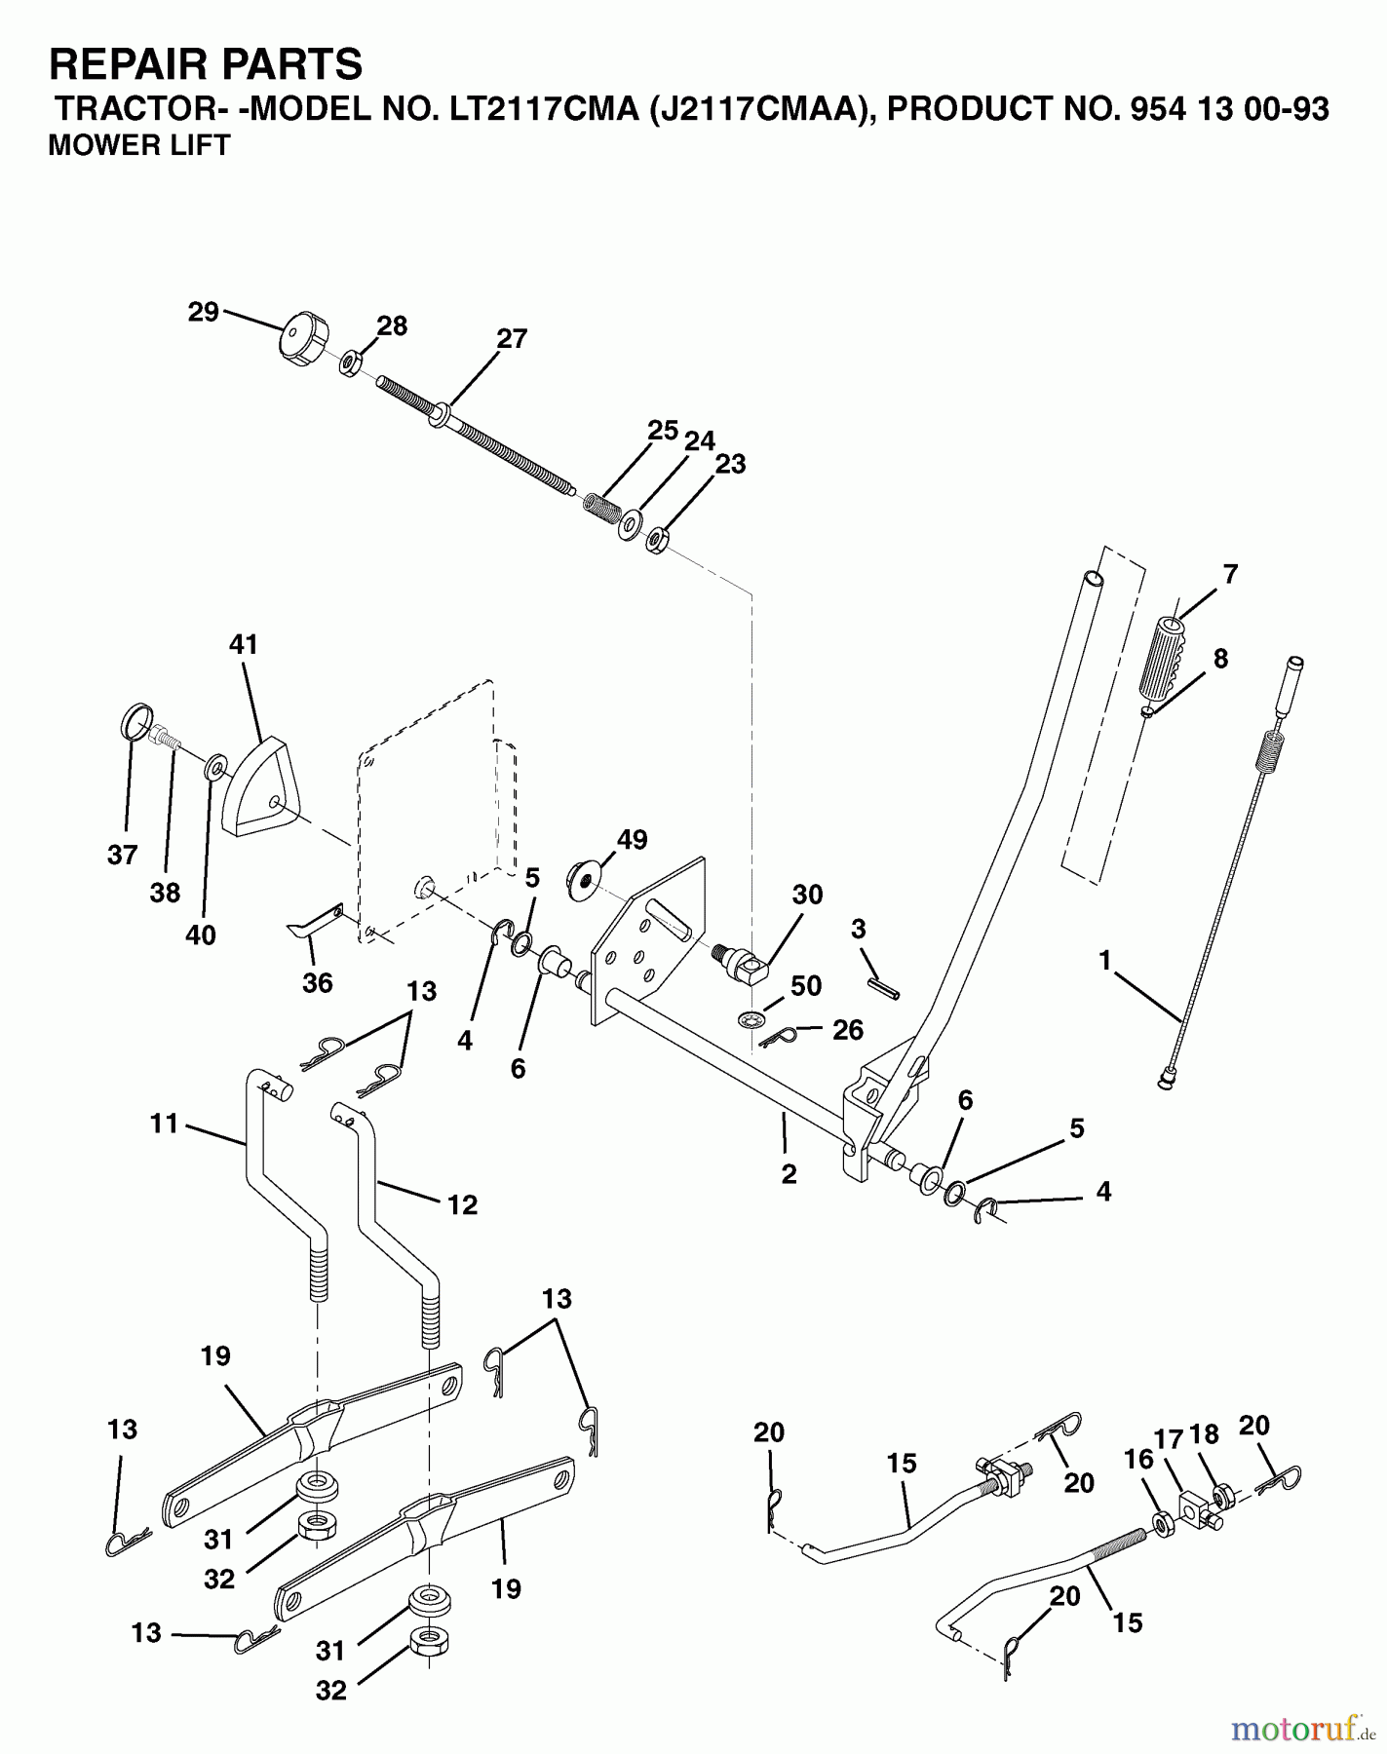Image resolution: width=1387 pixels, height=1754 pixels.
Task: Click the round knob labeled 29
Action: coord(297,340)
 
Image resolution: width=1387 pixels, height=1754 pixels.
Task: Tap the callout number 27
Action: coord(512,338)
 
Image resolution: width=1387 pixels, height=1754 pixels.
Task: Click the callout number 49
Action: coord(632,839)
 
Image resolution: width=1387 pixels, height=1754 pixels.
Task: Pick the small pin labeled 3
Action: coord(885,987)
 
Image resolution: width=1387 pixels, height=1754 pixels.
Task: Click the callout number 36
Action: coord(318,982)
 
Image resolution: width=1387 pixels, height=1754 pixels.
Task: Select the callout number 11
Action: coord(164,1124)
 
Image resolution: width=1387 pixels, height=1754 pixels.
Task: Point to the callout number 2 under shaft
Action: coord(789,1175)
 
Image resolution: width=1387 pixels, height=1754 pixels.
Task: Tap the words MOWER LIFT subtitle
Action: coord(138,145)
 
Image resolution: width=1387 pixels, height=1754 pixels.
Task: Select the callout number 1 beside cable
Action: coord(1104,961)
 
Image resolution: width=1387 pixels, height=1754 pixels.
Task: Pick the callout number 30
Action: coord(807,895)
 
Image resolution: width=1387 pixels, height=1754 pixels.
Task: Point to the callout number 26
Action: coord(848,1029)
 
